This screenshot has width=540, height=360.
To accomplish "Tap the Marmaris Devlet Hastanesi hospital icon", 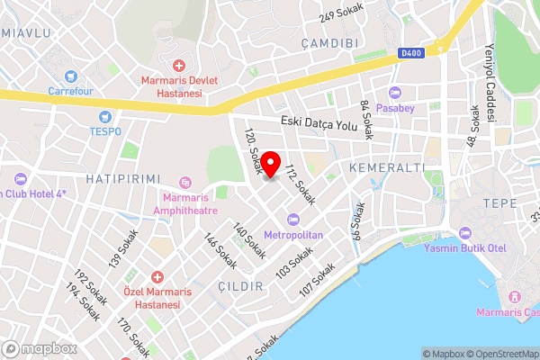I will pos(179,66).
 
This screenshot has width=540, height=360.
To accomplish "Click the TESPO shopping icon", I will pos(106,116).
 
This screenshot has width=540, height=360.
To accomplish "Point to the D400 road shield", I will pos(410,53).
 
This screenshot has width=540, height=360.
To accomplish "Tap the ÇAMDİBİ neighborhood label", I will pos(331,43).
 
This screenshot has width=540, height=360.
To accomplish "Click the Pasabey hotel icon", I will pos(394,93).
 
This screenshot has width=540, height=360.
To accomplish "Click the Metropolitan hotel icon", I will pos(292,220).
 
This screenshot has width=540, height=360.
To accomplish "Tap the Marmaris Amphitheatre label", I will pos(196,203).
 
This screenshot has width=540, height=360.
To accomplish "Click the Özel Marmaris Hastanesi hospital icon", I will pos(157,277).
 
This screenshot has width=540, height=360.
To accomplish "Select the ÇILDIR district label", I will pos(240,286).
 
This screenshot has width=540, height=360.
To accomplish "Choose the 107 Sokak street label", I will pos(318,280).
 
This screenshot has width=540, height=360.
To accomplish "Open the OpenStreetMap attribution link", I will pos(499,354).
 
